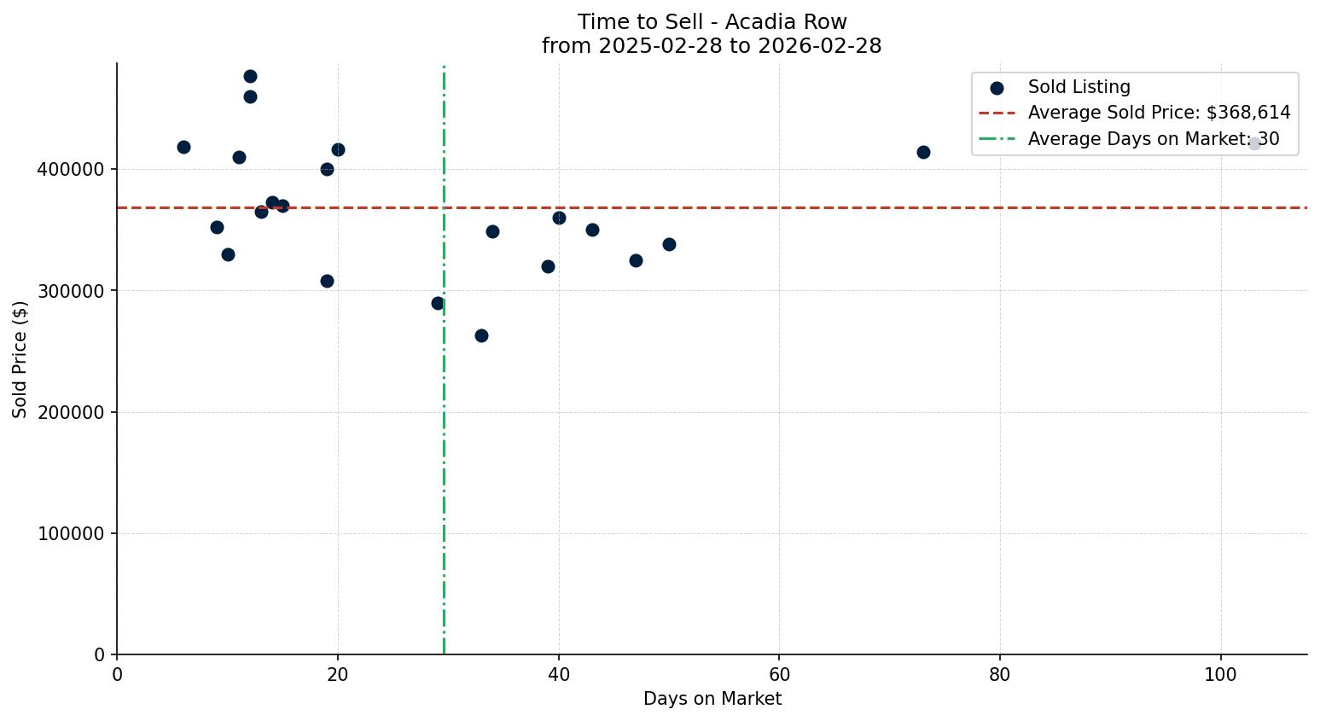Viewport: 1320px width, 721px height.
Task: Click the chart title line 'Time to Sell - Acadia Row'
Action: tap(712, 22)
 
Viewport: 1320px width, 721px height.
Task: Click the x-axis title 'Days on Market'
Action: tap(712, 699)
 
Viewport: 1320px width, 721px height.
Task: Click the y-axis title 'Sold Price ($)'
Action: tap(20, 359)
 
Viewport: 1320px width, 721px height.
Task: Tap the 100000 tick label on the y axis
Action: tap(71, 534)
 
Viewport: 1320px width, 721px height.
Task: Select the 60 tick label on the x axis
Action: tap(779, 674)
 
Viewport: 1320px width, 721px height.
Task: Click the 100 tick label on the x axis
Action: tap(1220, 674)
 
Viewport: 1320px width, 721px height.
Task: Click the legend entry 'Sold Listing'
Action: tap(1079, 87)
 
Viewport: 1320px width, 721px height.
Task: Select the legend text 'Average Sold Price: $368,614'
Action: tap(1159, 113)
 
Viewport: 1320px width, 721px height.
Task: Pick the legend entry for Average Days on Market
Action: tap(1153, 139)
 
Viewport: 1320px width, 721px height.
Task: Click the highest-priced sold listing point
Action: tap(250, 77)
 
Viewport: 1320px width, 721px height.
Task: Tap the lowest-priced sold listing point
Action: tap(481, 335)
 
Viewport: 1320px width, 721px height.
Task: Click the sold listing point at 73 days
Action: tap(923, 152)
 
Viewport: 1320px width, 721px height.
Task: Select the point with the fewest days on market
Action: tap(183, 147)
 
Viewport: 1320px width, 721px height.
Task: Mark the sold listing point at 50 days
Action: tap(669, 244)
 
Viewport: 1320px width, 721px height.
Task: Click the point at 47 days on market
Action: tap(636, 260)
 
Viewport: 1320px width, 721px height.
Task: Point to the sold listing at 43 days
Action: tap(592, 230)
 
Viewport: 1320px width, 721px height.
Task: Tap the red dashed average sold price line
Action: tap(768, 207)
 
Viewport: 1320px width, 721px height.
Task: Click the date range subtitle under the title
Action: tap(712, 46)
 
